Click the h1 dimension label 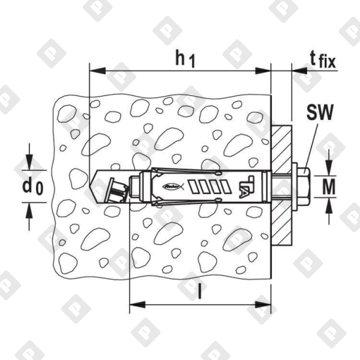coord(185,59)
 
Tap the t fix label coord(323,59)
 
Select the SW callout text coord(320,112)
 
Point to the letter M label coord(329,187)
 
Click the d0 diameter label coord(32,187)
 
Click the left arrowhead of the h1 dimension coord(97,71)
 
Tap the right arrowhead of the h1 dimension coord(263,71)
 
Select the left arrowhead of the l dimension coord(137,305)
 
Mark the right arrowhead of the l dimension coord(263,305)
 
